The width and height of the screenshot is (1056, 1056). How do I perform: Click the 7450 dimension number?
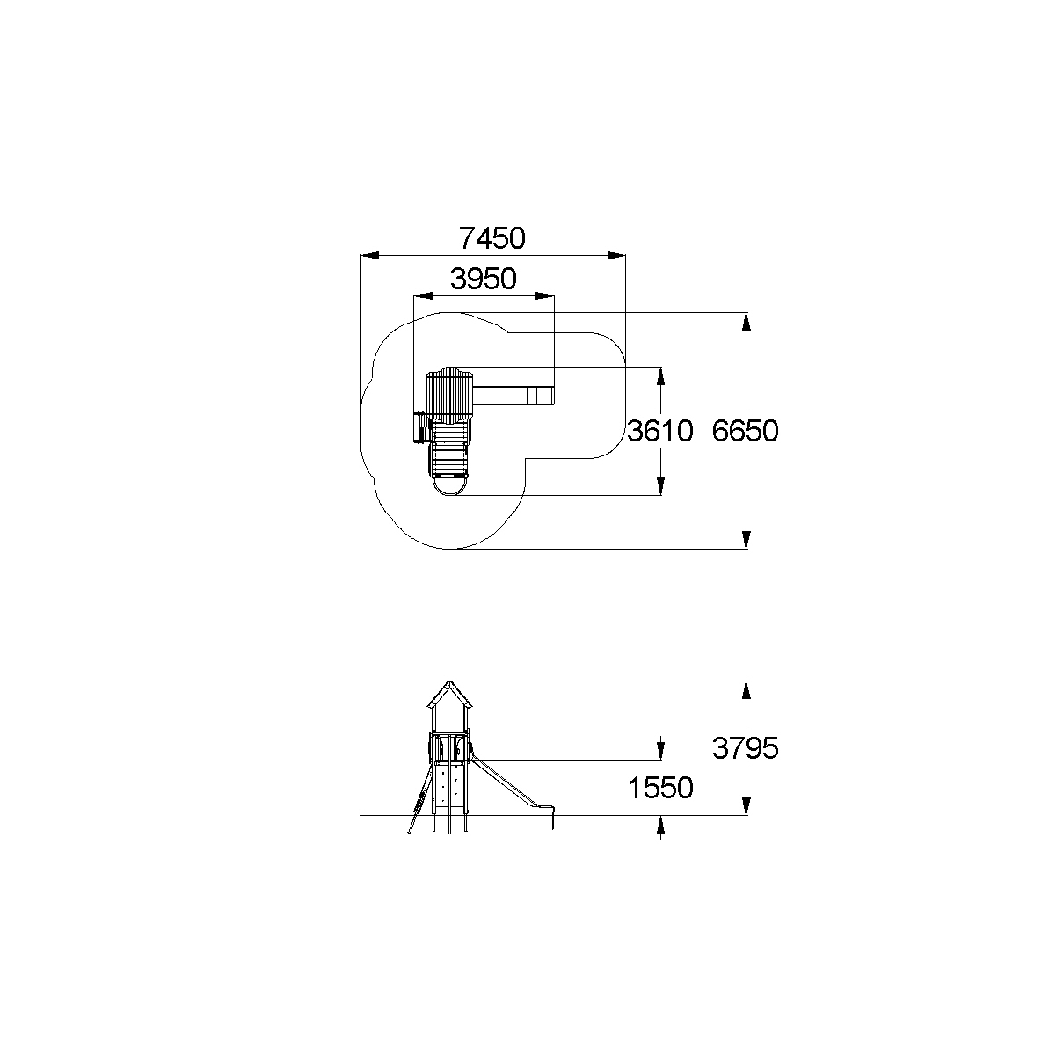point(492,238)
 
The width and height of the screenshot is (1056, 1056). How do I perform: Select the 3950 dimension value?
point(483,279)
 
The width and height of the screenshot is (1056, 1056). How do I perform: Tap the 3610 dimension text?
point(659,431)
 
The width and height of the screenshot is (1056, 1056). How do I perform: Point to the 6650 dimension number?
point(745,431)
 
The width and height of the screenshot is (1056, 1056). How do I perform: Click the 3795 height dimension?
point(745,748)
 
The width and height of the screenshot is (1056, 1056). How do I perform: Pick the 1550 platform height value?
point(660,788)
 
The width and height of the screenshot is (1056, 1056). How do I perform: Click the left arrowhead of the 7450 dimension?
point(370,255)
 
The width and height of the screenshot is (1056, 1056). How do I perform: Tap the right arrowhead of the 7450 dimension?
point(616,255)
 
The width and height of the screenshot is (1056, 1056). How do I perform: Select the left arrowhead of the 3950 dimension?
point(423,296)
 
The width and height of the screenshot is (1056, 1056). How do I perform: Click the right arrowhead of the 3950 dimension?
point(545,296)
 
